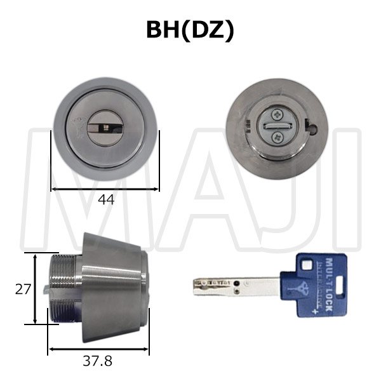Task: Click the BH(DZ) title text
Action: tap(190, 30)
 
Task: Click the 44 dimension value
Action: tap(106, 199)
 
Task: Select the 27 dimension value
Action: tap(22, 289)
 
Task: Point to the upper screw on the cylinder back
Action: tap(277, 116)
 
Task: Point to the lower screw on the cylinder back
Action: tap(277, 137)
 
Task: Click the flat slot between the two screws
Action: tap(277, 126)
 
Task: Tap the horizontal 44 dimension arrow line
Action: tap(105, 189)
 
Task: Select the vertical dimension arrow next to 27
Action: tap(34, 289)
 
